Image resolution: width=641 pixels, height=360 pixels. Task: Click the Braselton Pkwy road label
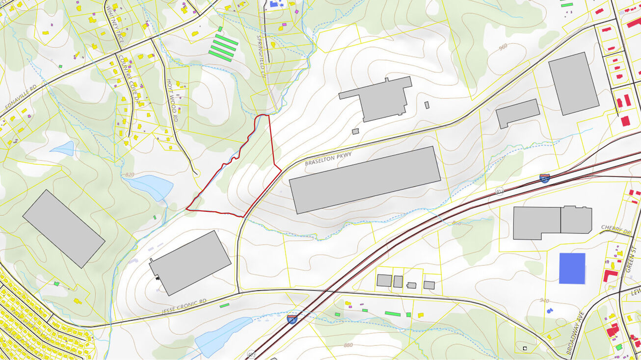328,158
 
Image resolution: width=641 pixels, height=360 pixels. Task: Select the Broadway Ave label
574,338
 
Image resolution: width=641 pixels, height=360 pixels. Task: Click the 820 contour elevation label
130,175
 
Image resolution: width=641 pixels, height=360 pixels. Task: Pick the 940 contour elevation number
544,301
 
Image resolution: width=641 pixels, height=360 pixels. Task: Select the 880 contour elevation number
348,345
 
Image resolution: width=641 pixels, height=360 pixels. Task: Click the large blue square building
572,268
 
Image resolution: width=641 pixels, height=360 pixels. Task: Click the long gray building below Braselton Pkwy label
365,180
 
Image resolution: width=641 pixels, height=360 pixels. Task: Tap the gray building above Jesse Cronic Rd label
190,262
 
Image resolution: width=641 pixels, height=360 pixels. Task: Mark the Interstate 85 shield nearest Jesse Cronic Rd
292,319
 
